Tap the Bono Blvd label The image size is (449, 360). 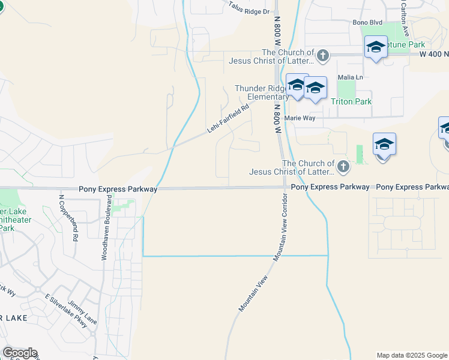pyautogui.click(x=367, y=23)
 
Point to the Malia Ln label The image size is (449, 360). pyautogui.click(x=351, y=77)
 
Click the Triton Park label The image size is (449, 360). pyautogui.click(x=351, y=101)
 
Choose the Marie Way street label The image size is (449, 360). pyautogui.click(x=300, y=118)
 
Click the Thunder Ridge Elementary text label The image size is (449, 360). pyautogui.click(x=262, y=92)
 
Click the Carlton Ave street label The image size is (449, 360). pyautogui.click(x=405, y=18)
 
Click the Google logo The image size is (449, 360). pyautogui.click(x=20, y=353)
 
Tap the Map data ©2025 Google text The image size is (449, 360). pyautogui.click(x=412, y=355)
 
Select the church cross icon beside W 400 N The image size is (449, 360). pyautogui.click(x=323, y=56)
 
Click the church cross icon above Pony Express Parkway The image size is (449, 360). pyautogui.click(x=343, y=167)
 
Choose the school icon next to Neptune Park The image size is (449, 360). pyautogui.click(x=376, y=47)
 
